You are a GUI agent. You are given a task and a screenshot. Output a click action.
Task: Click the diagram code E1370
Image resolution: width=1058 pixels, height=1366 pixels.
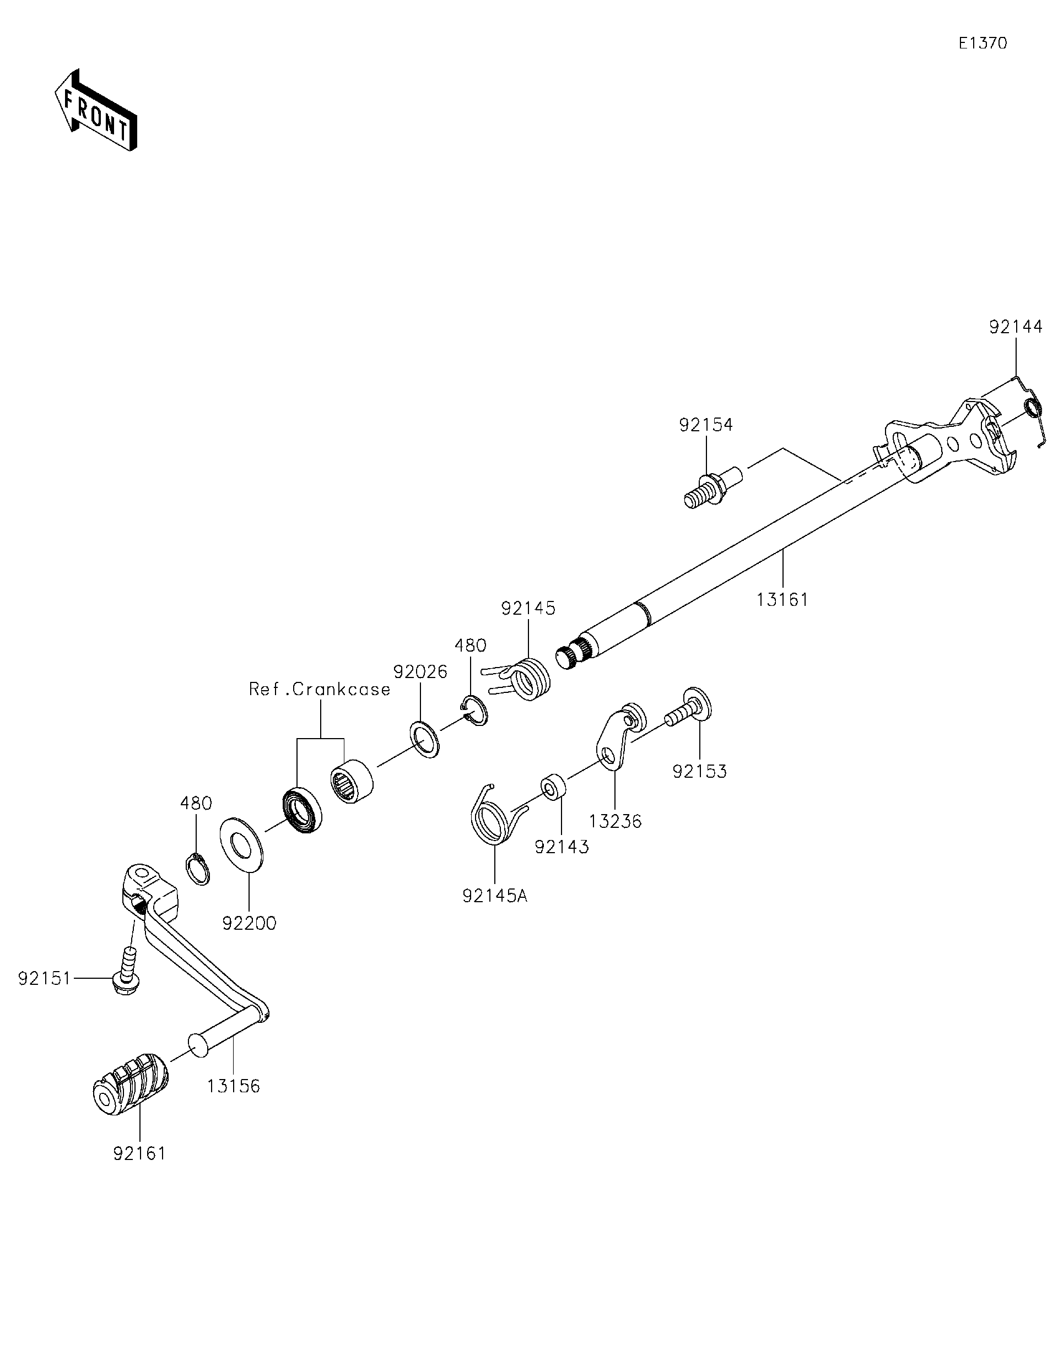point(983,43)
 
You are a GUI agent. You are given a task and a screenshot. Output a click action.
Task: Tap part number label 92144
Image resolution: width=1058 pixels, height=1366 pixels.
point(1016,327)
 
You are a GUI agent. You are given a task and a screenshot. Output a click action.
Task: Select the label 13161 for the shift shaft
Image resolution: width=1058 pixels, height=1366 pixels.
point(782,600)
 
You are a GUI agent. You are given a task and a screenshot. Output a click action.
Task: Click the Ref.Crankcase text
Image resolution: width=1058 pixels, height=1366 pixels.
point(320,689)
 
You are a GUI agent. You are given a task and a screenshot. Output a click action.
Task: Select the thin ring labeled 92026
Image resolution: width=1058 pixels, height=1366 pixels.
point(425,739)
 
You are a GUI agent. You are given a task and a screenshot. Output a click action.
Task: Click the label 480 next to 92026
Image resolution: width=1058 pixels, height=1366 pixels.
point(470,646)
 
